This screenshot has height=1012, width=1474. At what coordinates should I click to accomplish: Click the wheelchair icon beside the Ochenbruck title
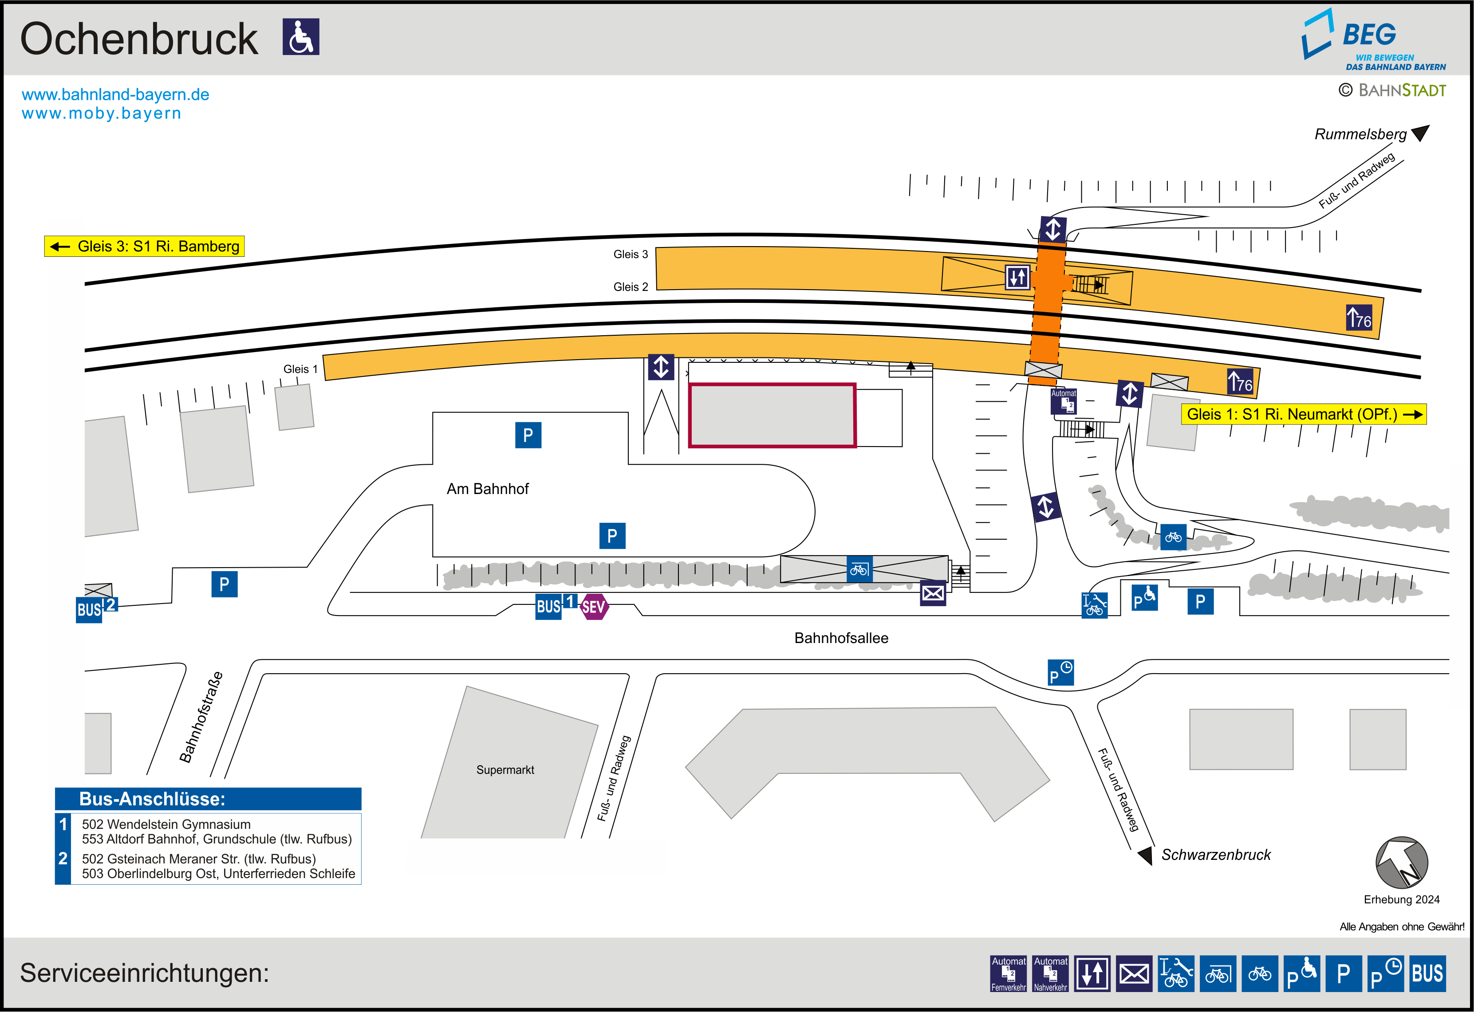(301, 37)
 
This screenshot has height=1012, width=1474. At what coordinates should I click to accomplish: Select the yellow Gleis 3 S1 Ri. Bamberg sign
(144, 246)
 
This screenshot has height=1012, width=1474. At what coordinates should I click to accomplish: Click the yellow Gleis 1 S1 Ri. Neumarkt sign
(1303, 414)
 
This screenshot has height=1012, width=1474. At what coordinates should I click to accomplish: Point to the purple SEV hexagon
(594, 607)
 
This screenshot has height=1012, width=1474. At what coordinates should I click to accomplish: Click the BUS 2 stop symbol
(96, 609)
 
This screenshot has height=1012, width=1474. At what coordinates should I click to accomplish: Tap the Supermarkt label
(505, 770)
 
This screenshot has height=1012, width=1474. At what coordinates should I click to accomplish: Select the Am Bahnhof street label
(487, 489)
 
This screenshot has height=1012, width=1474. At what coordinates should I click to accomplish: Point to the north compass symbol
(1402, 863)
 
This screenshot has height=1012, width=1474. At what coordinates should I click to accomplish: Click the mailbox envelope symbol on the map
(933, 593)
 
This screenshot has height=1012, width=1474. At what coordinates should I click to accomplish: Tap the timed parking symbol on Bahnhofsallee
(1060, 673)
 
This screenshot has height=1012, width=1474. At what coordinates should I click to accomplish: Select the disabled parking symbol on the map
(1145, 597)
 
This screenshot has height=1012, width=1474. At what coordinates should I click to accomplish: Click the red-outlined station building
(772, 416)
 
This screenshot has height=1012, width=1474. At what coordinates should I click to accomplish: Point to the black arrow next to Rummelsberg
(1421, 133)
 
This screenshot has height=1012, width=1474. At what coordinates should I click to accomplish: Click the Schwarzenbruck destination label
(1216, 855)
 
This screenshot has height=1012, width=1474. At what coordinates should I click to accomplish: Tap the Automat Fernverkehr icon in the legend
(1009, 973)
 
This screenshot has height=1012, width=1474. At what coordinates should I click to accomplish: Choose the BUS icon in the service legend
(1428, 973)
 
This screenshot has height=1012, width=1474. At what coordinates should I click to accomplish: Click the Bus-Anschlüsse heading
(152, 799)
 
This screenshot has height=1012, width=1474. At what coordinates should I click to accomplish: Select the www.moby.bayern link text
(102, 114)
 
